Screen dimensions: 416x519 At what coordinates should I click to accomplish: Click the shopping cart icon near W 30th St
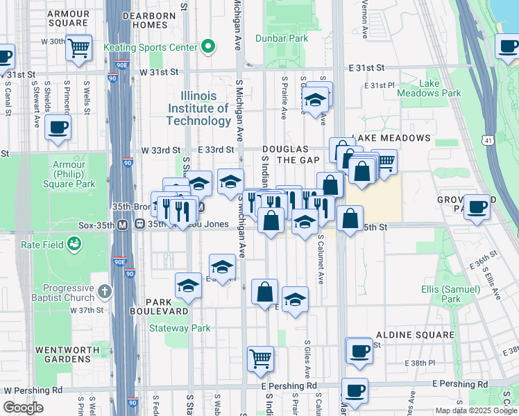(80, 48)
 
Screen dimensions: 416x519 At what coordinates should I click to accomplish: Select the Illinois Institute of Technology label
(198, 108)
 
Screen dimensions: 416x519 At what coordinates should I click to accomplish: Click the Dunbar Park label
(281, 39)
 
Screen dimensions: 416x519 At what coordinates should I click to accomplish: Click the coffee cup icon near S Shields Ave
(58, 128)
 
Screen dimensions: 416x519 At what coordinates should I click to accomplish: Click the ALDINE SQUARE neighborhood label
(414, 335)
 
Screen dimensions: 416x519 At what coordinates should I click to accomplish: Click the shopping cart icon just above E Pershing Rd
(261, 359)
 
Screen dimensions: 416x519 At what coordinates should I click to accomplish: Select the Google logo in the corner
(23, 408)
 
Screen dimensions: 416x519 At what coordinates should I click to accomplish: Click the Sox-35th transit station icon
(122, 225)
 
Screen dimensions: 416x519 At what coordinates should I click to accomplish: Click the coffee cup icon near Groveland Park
(477, 207)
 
